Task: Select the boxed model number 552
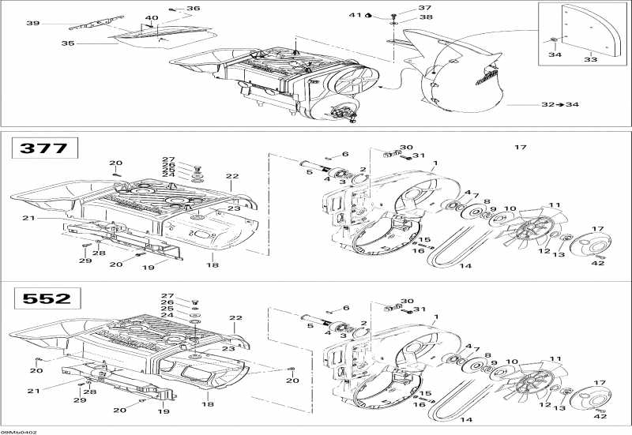tap(43, 298)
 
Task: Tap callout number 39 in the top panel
tap(32, 24)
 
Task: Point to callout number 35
tap(68, 43)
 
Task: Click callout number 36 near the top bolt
tap(194, 9)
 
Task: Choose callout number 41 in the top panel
tap(355, 15)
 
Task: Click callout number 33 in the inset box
tap(590, 58)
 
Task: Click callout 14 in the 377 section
tap(465, 266)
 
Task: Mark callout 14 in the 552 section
tap(465, 420)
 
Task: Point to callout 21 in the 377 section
tap(28, 219)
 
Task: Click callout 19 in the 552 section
tap(164, 411)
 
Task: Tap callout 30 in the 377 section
tap(406, 148)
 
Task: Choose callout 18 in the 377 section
tap(213, 266)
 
